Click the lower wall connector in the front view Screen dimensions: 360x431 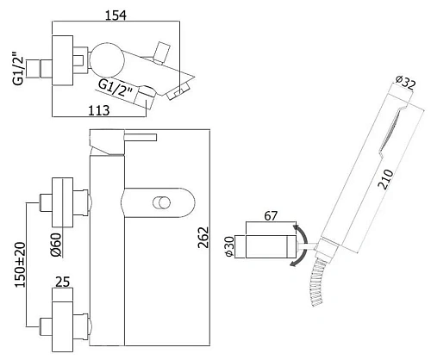(60, 322)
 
